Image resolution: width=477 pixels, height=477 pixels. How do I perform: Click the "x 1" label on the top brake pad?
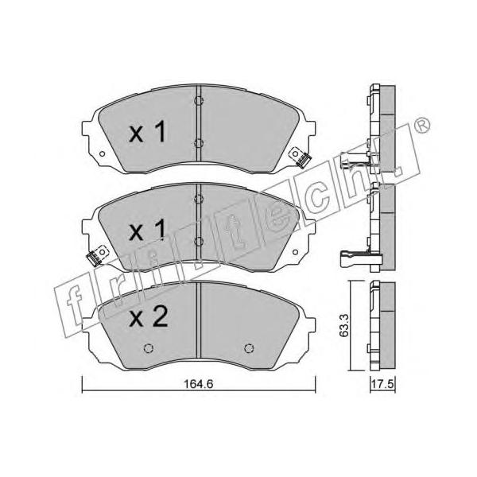click(148, 132)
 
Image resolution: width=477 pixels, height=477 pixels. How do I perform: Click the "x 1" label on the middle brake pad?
click(148, 231)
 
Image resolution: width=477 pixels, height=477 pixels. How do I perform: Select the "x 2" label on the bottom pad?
click(149, 316)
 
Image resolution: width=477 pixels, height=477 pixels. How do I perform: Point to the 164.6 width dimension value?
click(198, 384)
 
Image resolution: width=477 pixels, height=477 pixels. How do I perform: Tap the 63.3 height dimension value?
click(344, 325)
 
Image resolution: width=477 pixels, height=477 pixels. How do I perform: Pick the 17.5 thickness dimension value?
click(382, 384)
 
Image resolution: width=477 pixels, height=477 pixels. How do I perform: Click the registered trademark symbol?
click(422, 125)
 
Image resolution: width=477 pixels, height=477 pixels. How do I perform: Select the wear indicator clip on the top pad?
click(301, 157)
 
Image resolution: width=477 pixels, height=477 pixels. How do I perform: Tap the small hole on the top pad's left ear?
click(103, 154)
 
